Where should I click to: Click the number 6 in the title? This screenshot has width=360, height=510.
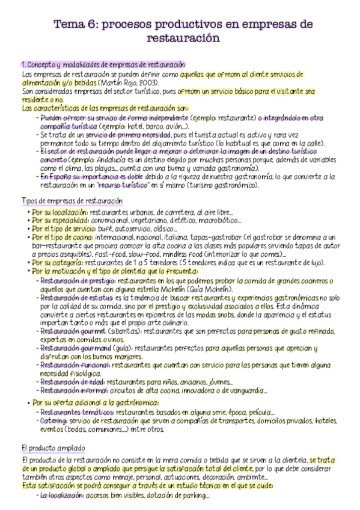coord(91,24)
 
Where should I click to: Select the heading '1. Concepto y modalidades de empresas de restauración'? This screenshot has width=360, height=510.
coord(103,64)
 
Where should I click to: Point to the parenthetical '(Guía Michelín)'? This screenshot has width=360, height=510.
coord(212,289)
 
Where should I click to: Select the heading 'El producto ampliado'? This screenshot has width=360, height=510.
coord(53,448)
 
